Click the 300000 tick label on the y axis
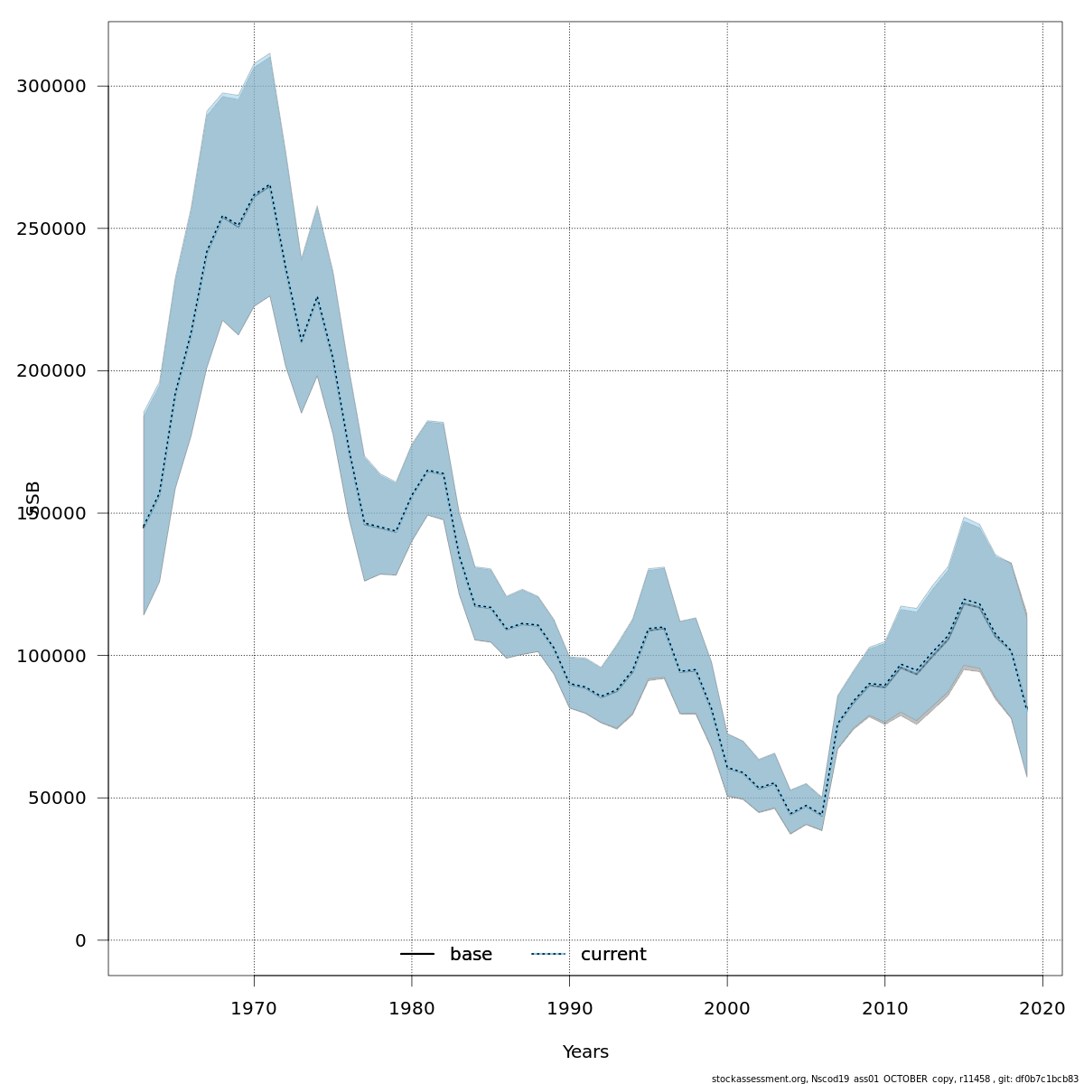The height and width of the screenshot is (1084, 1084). pyautogui.click(x=51, y=87)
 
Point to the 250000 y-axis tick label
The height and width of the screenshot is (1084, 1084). pyautogui.click(x=51, y=229)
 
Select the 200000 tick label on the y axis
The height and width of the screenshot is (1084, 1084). pyautogui.click(x=51, y=371)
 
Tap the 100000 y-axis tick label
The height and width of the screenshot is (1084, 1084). pyautogui.click(x=51, y=656)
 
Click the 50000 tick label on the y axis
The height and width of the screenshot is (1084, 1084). pyautogui.click(x=56, y=799)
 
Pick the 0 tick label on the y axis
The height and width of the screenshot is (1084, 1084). pyautogui.click(x=80, y=940)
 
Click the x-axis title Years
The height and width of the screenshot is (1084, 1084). pyautogui.click(x=585, y=1052)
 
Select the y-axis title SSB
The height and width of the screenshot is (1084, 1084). pyautogui.click(x=33, y=498)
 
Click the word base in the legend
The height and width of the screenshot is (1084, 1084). pyautogui.click(x=471, y=955)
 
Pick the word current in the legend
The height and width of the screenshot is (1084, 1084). pyautogui.click(x=613, y=955)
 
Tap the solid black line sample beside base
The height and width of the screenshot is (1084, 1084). pyautogui.click(x=417, y=955)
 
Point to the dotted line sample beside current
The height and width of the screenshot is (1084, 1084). pyautogui.click(x=547, y=955)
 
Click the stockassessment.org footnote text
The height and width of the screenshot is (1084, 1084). pyautogui.click(x=894, y=1079)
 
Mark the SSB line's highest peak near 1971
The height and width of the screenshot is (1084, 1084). pyautogui.click(x=269, y=185)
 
